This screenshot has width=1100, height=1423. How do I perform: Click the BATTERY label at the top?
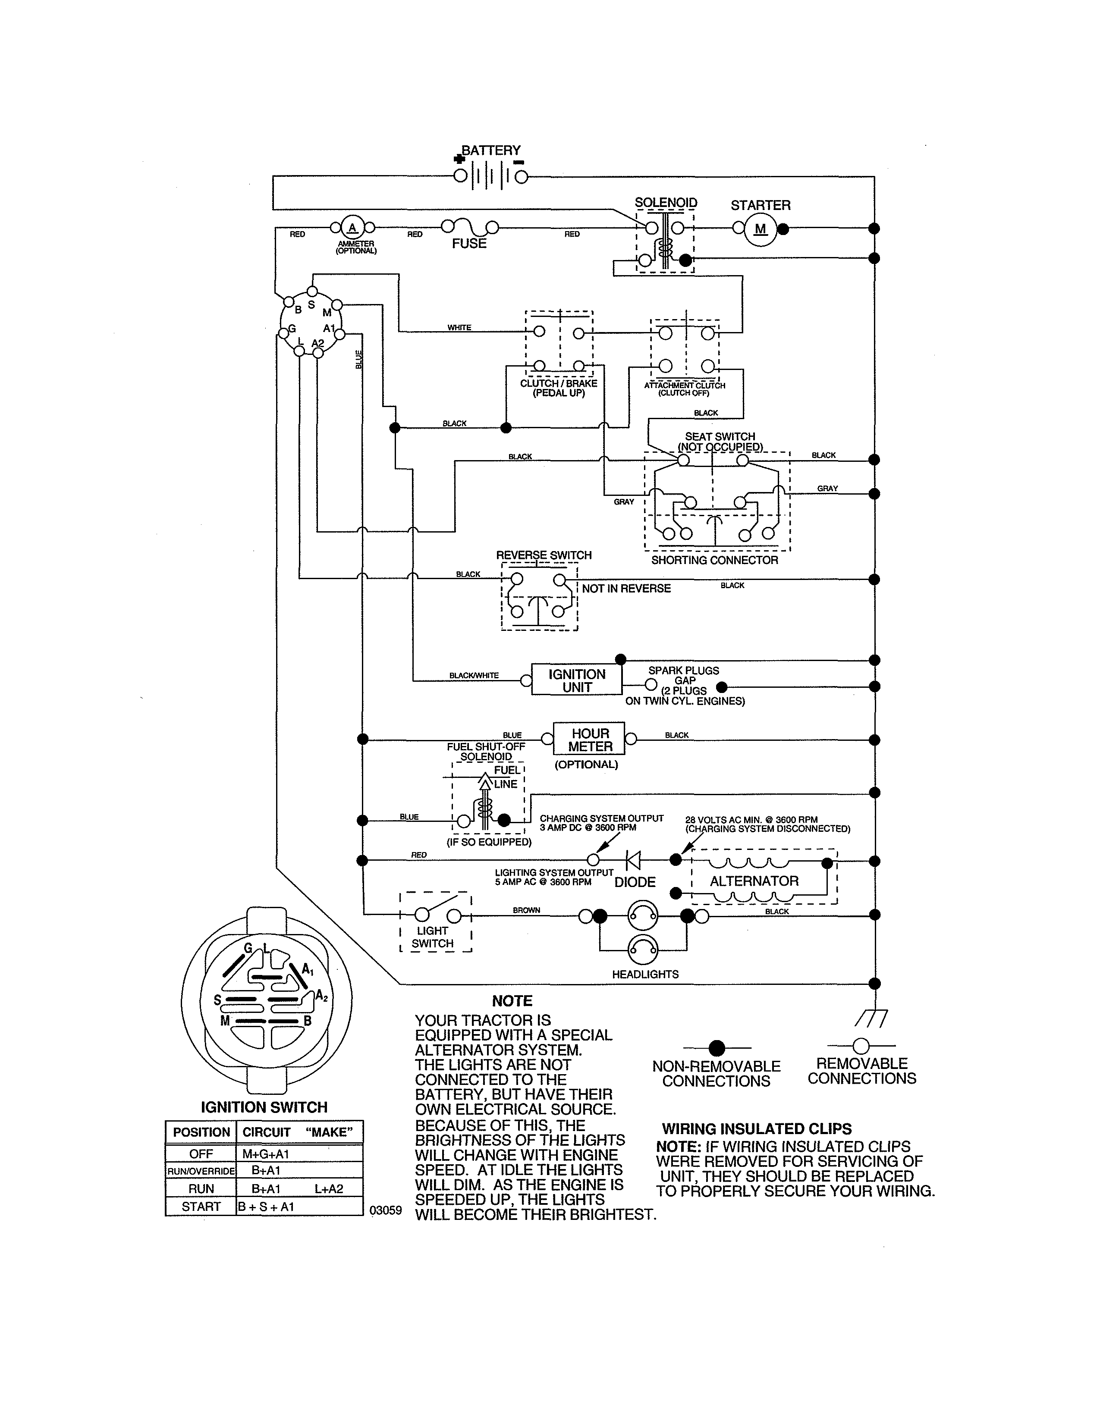coord(491,150)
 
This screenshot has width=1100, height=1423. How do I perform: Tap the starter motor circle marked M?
coord(761,229)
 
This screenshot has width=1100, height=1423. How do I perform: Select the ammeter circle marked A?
coord(352,227)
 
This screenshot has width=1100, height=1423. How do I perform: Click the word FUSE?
coord(469,244)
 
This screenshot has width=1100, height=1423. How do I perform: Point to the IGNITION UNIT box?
coord(577,680)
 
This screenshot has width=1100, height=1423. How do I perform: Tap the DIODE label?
coord(635,882)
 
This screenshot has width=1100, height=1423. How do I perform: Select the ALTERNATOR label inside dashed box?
coord(754,881)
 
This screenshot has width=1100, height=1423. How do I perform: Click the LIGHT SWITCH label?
coord(433,937)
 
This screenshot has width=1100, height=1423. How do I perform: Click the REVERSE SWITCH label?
coord(544,555)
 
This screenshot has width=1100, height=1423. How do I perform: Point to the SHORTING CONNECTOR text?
coord(714,560)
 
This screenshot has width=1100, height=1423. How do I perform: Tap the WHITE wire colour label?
coord(459,328)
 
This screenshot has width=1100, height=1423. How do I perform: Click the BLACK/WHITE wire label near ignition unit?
coord(474,676)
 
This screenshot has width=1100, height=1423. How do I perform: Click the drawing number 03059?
coord(386,1210)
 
